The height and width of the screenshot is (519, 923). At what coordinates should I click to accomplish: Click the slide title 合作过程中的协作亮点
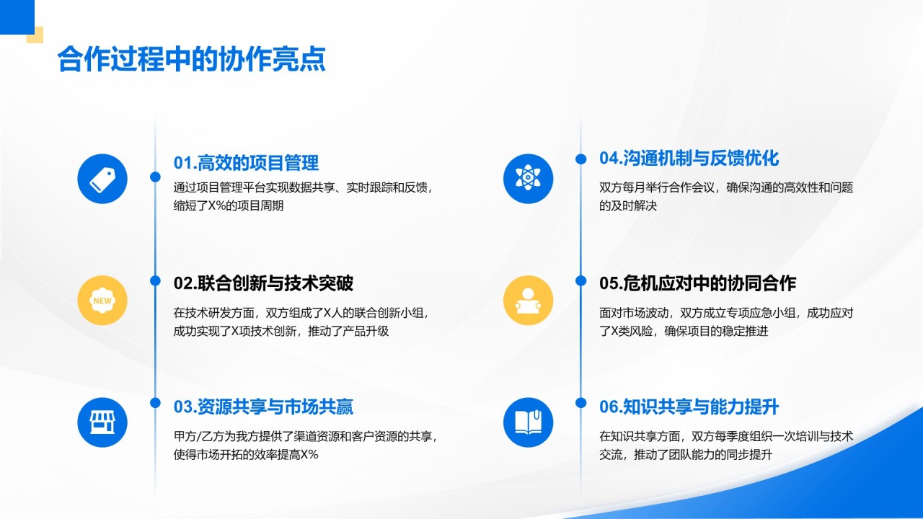click(192, 59)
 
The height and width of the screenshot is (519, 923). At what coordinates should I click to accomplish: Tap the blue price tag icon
click(102, 179)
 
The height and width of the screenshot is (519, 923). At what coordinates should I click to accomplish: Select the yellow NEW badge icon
click(102, 301)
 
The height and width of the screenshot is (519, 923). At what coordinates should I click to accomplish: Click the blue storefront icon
click(102, 422)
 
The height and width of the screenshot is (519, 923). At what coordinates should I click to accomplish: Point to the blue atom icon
click(528, 179)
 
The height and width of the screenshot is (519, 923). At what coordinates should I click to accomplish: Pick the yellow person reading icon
click(528, 301)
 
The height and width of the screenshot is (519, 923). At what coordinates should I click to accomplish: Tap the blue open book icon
click(528, 422)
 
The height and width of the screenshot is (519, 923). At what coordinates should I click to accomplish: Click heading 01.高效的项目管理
click(246, 163)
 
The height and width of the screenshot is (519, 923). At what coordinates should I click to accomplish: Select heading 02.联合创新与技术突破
click(263, 283)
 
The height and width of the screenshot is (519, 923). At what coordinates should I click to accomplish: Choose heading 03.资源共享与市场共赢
click(263, 407)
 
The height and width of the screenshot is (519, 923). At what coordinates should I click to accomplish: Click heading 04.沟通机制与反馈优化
click(689, 158)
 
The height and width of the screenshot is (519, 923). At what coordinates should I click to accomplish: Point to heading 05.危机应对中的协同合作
click(697, 283)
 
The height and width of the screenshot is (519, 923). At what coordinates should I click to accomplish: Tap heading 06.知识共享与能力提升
click(689, 407)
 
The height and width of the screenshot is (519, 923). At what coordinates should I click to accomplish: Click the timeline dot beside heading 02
click(155, 280)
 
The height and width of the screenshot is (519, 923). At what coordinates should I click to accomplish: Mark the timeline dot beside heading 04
click(580, 159)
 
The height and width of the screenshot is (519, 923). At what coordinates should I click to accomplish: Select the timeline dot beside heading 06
click(580, 403)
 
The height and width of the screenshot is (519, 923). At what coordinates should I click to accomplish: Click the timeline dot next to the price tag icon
click(155, 177)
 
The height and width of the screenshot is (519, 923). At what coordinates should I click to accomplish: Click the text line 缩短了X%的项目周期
click(229, 205)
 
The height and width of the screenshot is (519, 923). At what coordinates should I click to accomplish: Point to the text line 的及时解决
click(628, 205)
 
